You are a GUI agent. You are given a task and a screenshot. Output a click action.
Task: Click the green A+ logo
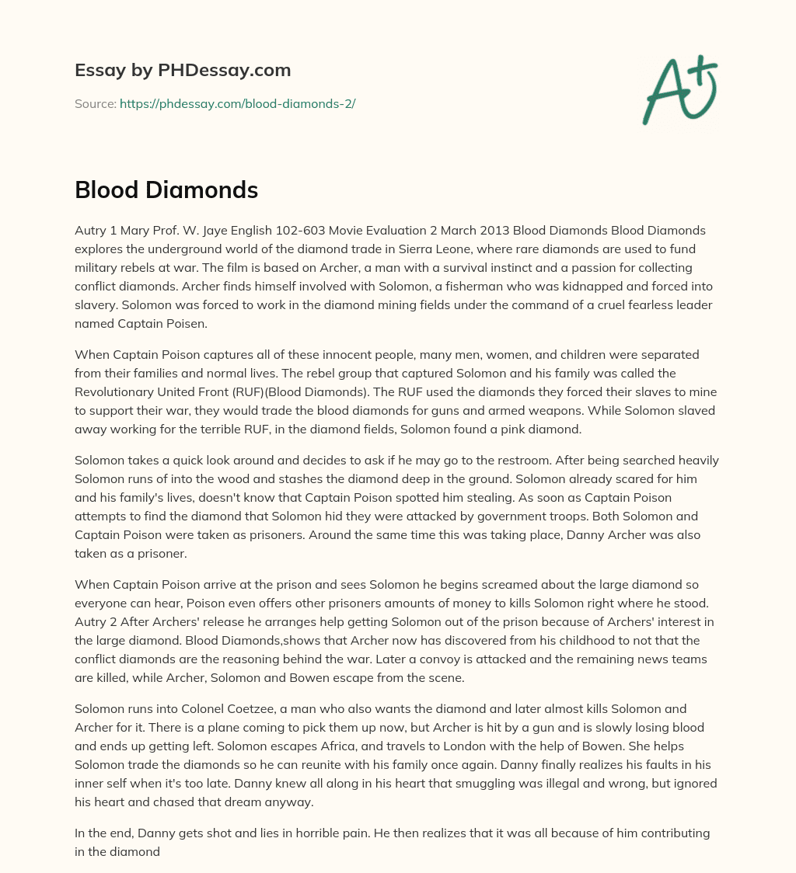click(679, 90)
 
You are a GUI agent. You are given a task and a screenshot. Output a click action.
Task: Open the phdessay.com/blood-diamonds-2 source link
click(237, 103)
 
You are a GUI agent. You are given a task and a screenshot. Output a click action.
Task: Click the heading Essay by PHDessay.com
click(183, 70)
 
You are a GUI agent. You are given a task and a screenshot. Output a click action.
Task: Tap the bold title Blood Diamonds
click(166, 190)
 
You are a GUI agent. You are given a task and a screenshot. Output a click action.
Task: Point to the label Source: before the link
click(95, 103)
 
